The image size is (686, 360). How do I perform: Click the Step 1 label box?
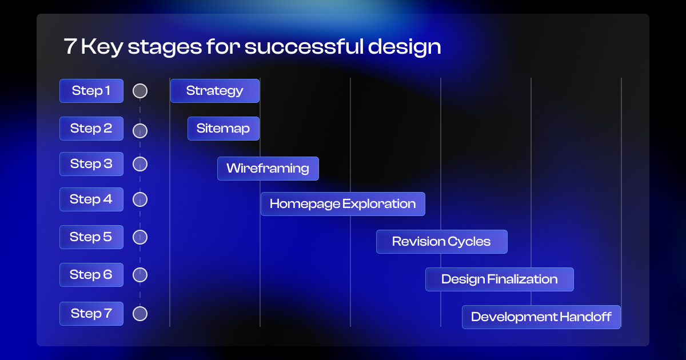(x=91, y=91)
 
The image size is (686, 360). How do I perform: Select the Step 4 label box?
(x=91, y=199)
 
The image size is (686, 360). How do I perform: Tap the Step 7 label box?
(x=91, y=314)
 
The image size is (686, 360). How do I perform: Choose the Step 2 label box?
(x=91, y=129)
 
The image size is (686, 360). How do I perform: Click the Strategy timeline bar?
(x=215, y=91)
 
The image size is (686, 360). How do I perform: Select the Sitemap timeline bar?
(x=224, y=129)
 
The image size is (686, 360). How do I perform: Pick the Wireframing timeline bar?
(x=268, y=169)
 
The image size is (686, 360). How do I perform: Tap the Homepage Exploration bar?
(x=343, y=204)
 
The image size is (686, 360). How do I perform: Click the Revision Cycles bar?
(x=441, y=242)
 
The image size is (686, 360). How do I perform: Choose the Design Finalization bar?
(x=500, y=279)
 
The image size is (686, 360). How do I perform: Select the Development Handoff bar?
(x=541, y=317)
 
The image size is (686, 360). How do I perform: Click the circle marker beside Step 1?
(x=140, y=91)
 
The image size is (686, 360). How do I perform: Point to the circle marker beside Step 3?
(x=140, y=164)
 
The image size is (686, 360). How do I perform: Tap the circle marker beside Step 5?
(x=140, y=237)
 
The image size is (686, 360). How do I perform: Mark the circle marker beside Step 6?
(x=140, y=275)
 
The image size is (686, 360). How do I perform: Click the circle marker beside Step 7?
(x=140, y=314)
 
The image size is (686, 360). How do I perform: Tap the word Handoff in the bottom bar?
(x=586, y=317)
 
